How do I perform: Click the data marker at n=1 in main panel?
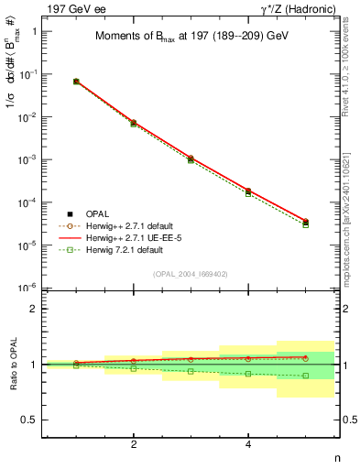76,82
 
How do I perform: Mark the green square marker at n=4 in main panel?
248,193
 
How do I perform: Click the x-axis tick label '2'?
134,444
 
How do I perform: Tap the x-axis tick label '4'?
248,444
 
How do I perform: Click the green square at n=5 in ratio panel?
306,376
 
